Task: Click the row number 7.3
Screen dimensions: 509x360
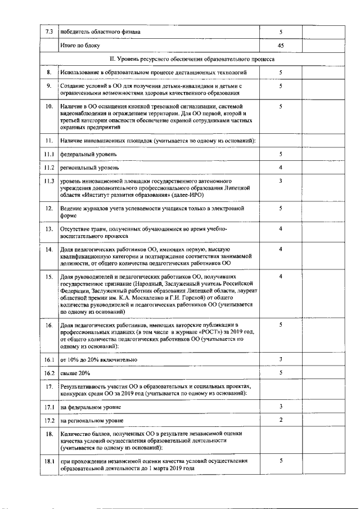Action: tap(49, 31)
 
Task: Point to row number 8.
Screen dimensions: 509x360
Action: tap(49, 73)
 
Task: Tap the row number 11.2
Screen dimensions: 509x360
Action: tap(49, 168)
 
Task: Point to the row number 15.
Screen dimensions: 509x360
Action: tap(49, 276)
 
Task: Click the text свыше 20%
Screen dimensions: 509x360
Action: tap(75, 373)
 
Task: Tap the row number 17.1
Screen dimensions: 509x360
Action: tap(49, 406)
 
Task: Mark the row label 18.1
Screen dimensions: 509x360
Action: tap(49, 461)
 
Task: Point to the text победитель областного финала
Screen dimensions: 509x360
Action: tap(100, 31)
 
